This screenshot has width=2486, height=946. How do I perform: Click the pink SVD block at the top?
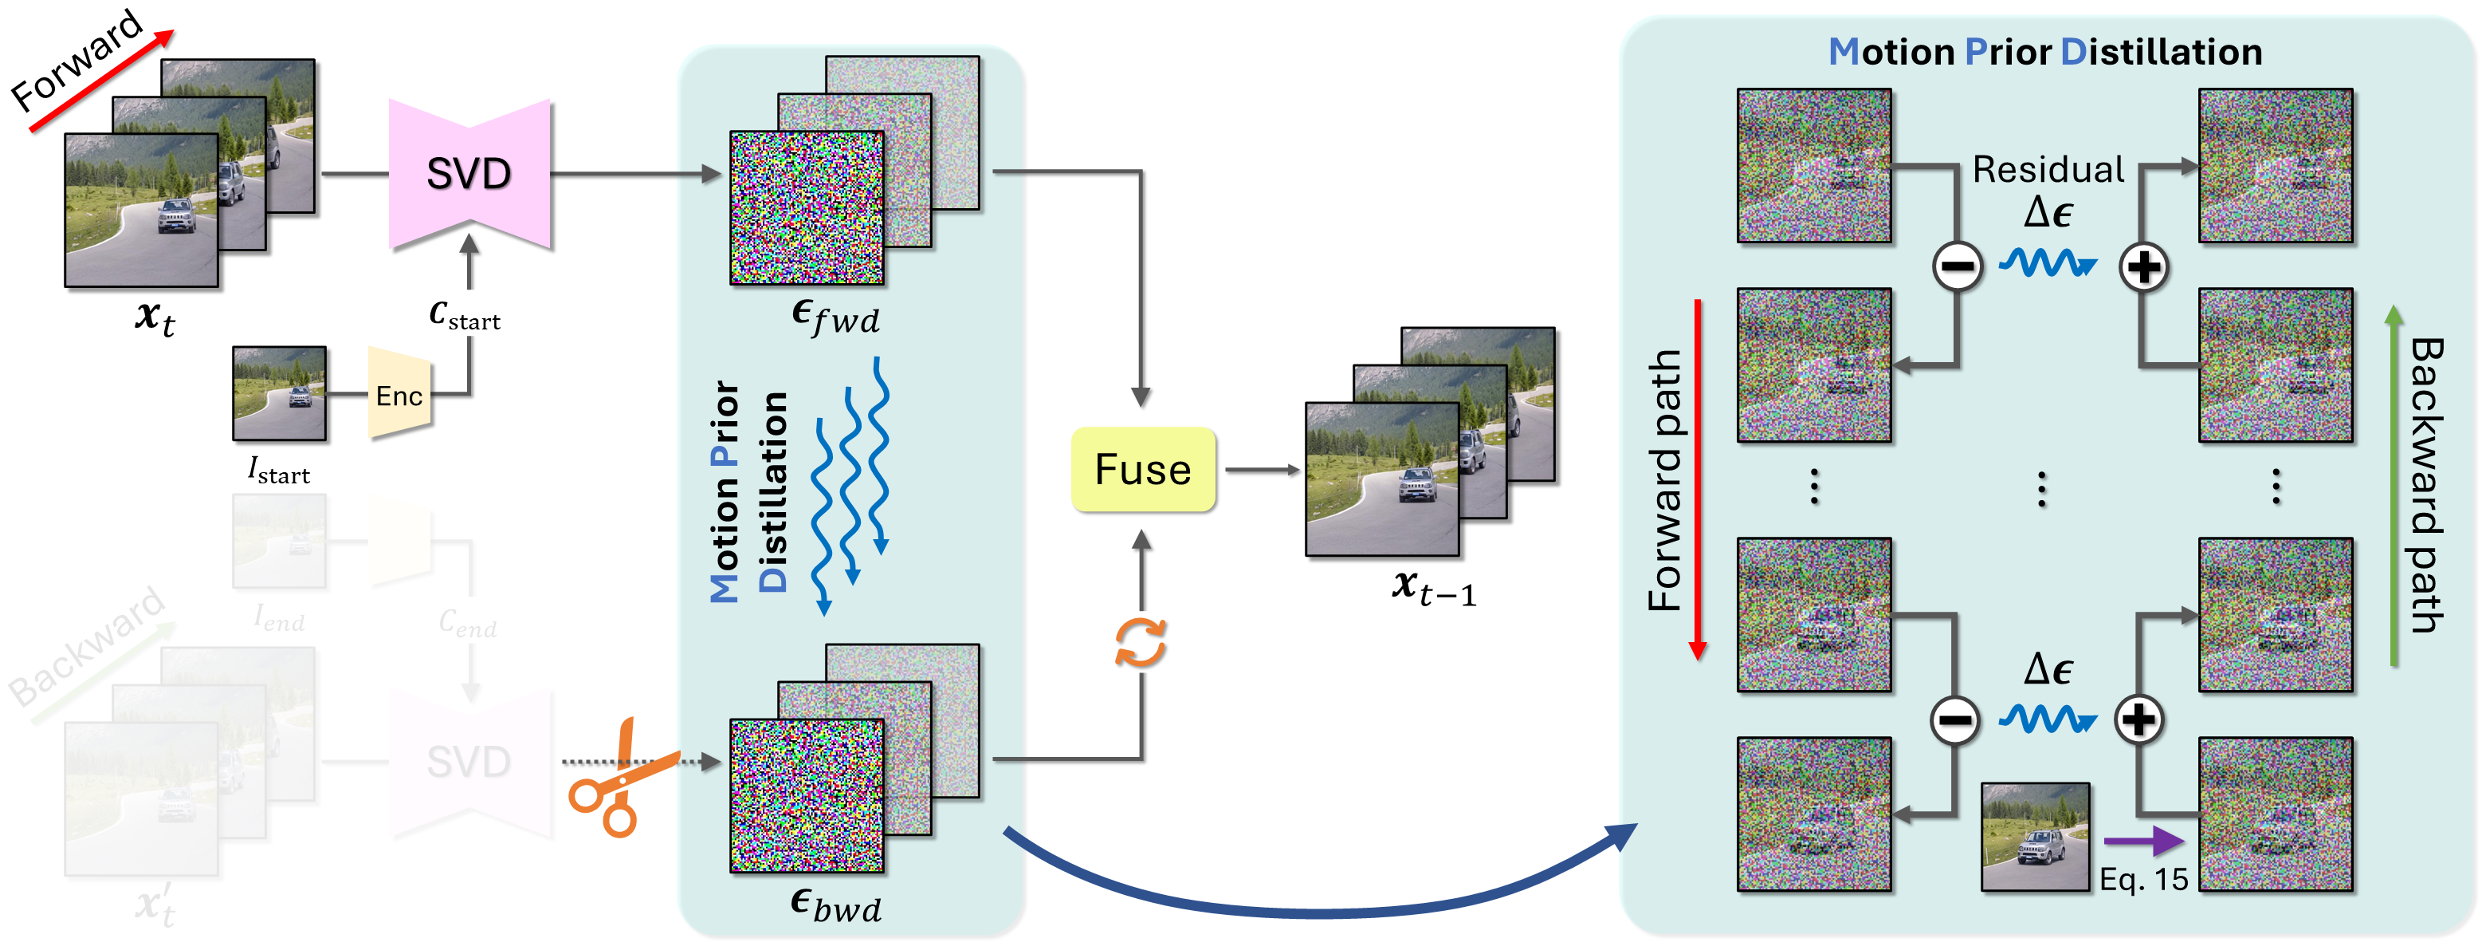469,174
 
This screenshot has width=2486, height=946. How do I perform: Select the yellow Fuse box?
1143,470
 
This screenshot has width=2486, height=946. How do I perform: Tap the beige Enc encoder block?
399,395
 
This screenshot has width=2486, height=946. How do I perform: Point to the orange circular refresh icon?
1141,643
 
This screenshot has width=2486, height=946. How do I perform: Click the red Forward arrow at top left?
101,81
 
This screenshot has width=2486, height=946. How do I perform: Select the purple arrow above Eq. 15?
2143,841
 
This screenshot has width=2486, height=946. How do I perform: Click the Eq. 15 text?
2143,879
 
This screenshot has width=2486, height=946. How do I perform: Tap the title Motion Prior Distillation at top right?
2045,52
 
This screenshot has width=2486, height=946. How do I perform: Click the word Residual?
2048,170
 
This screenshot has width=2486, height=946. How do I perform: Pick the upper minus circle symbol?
1957,266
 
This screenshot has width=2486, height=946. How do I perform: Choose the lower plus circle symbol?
2138,719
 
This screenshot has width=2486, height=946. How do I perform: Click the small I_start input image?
279,394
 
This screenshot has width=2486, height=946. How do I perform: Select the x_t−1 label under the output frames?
1433,587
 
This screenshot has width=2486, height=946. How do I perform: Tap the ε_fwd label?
835,316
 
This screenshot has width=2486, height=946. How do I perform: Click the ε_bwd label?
835,905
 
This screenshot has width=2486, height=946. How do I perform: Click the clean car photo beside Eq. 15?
2036,836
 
